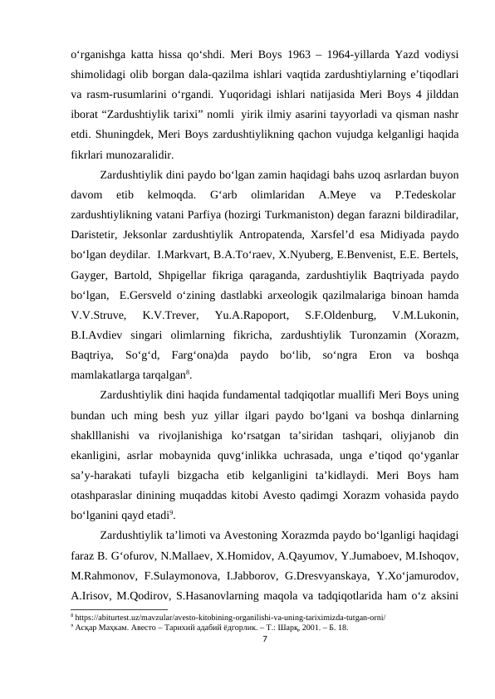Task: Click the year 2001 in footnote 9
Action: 302,628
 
